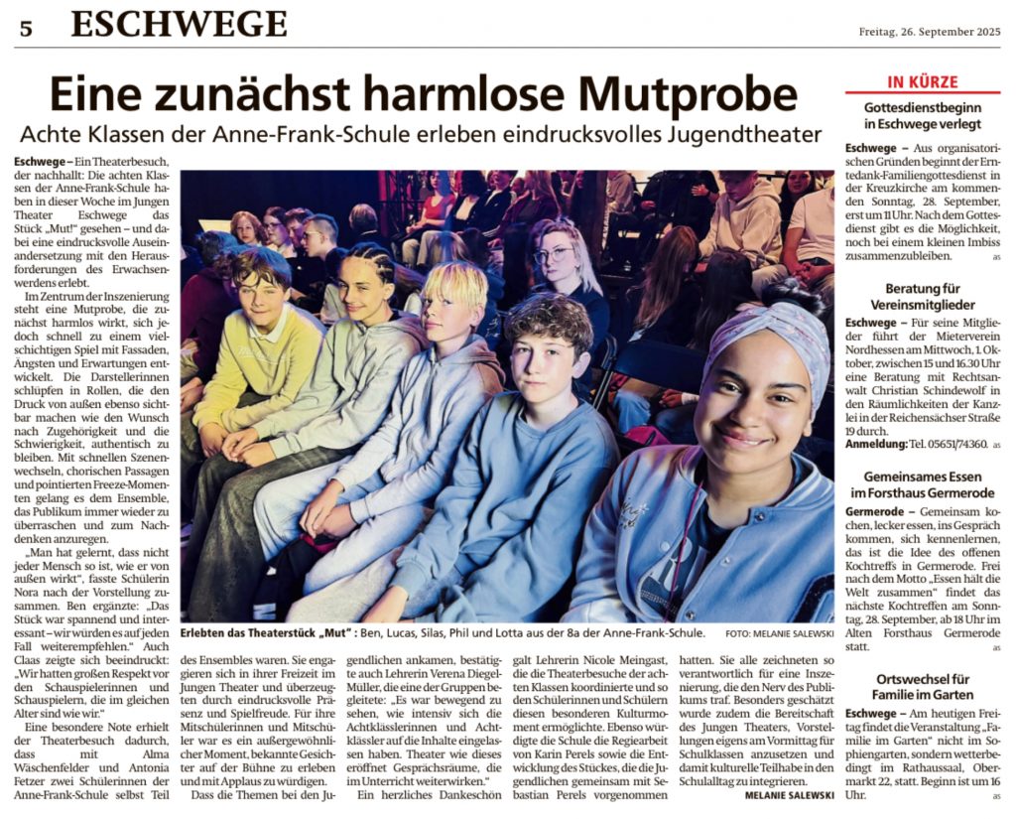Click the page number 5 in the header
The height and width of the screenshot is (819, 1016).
coord(25,28)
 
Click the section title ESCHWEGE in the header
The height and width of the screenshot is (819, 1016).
coord(179,24)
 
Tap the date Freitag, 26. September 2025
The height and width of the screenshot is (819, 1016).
coord(929,32)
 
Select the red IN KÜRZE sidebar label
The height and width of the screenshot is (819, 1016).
coord(922,81)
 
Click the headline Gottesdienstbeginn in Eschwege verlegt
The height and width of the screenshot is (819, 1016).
coord(922,115)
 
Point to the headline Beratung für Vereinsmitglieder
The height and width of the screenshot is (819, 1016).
coord(922,296)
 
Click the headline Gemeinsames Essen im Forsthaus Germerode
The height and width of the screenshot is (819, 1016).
coord(922,484)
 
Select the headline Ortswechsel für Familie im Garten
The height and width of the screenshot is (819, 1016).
coord(922,686)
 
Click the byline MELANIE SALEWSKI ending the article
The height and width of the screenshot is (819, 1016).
coord(788,794)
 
